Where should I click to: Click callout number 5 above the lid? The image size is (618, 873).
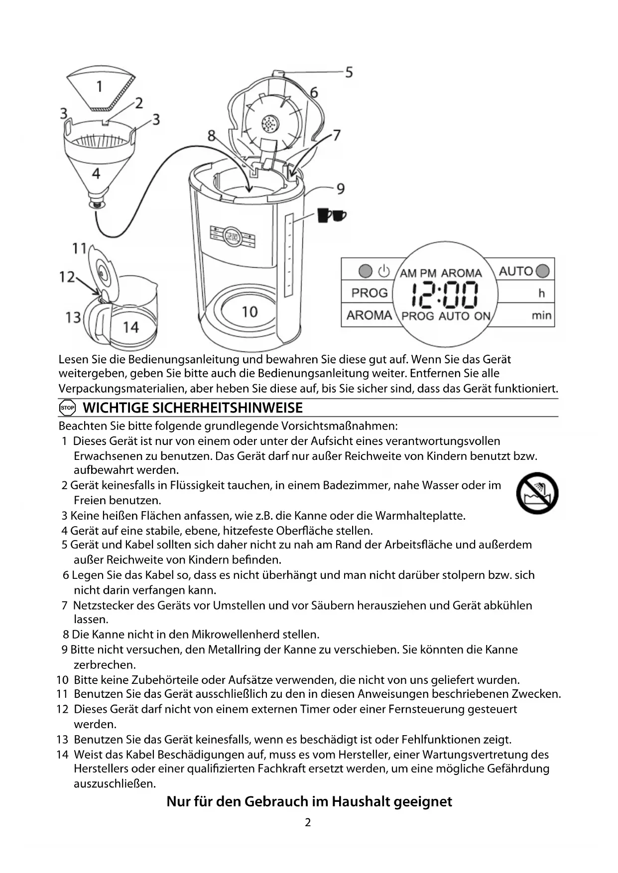click(349, 72)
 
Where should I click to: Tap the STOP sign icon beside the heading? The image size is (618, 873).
click(67, 408)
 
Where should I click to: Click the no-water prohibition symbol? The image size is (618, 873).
click(537, 493)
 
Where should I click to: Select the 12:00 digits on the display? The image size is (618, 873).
click(445, 295)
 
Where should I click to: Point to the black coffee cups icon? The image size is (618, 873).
click(331, 215)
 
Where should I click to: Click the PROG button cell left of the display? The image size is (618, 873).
click(369, 293)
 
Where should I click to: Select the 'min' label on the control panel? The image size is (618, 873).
click(541, 315)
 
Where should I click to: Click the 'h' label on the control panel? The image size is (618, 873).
click(541, 293)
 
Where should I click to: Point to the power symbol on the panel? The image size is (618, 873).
click(383, 271)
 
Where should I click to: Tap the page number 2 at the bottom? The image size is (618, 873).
click(308, 822)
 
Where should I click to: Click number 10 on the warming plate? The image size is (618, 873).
click(249, 312)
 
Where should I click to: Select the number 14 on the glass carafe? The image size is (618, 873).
click(130, 327)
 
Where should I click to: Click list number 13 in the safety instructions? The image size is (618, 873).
click(62, 740)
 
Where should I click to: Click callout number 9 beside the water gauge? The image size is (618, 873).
click(341, 189)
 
